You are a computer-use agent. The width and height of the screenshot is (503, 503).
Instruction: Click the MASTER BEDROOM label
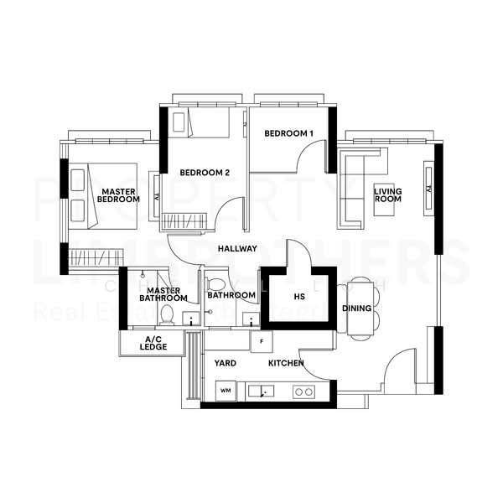[x=118, y=194]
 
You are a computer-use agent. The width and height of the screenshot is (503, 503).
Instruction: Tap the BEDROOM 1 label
[x=288, y=133]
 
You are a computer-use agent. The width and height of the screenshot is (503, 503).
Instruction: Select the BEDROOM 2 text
[x=205, y=173]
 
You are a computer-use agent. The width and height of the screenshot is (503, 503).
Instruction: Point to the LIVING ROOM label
[x=387, y=195]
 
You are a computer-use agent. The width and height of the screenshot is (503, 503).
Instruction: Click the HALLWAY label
[x=237, y=249]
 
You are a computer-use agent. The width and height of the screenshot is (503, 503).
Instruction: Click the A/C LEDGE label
[x=153, y=344]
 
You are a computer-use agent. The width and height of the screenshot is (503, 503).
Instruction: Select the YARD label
[x=225, y=363]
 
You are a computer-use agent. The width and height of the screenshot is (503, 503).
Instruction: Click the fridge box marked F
[x=262, y=341]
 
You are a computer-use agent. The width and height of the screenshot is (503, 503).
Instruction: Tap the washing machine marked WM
[x=225, y=391]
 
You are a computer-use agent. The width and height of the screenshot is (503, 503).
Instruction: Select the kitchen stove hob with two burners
[x=303, y=392]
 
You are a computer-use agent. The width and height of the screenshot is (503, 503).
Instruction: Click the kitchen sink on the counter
[x=262, y=391]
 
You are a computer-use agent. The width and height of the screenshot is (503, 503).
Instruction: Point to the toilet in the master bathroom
[x=167, y=314]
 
